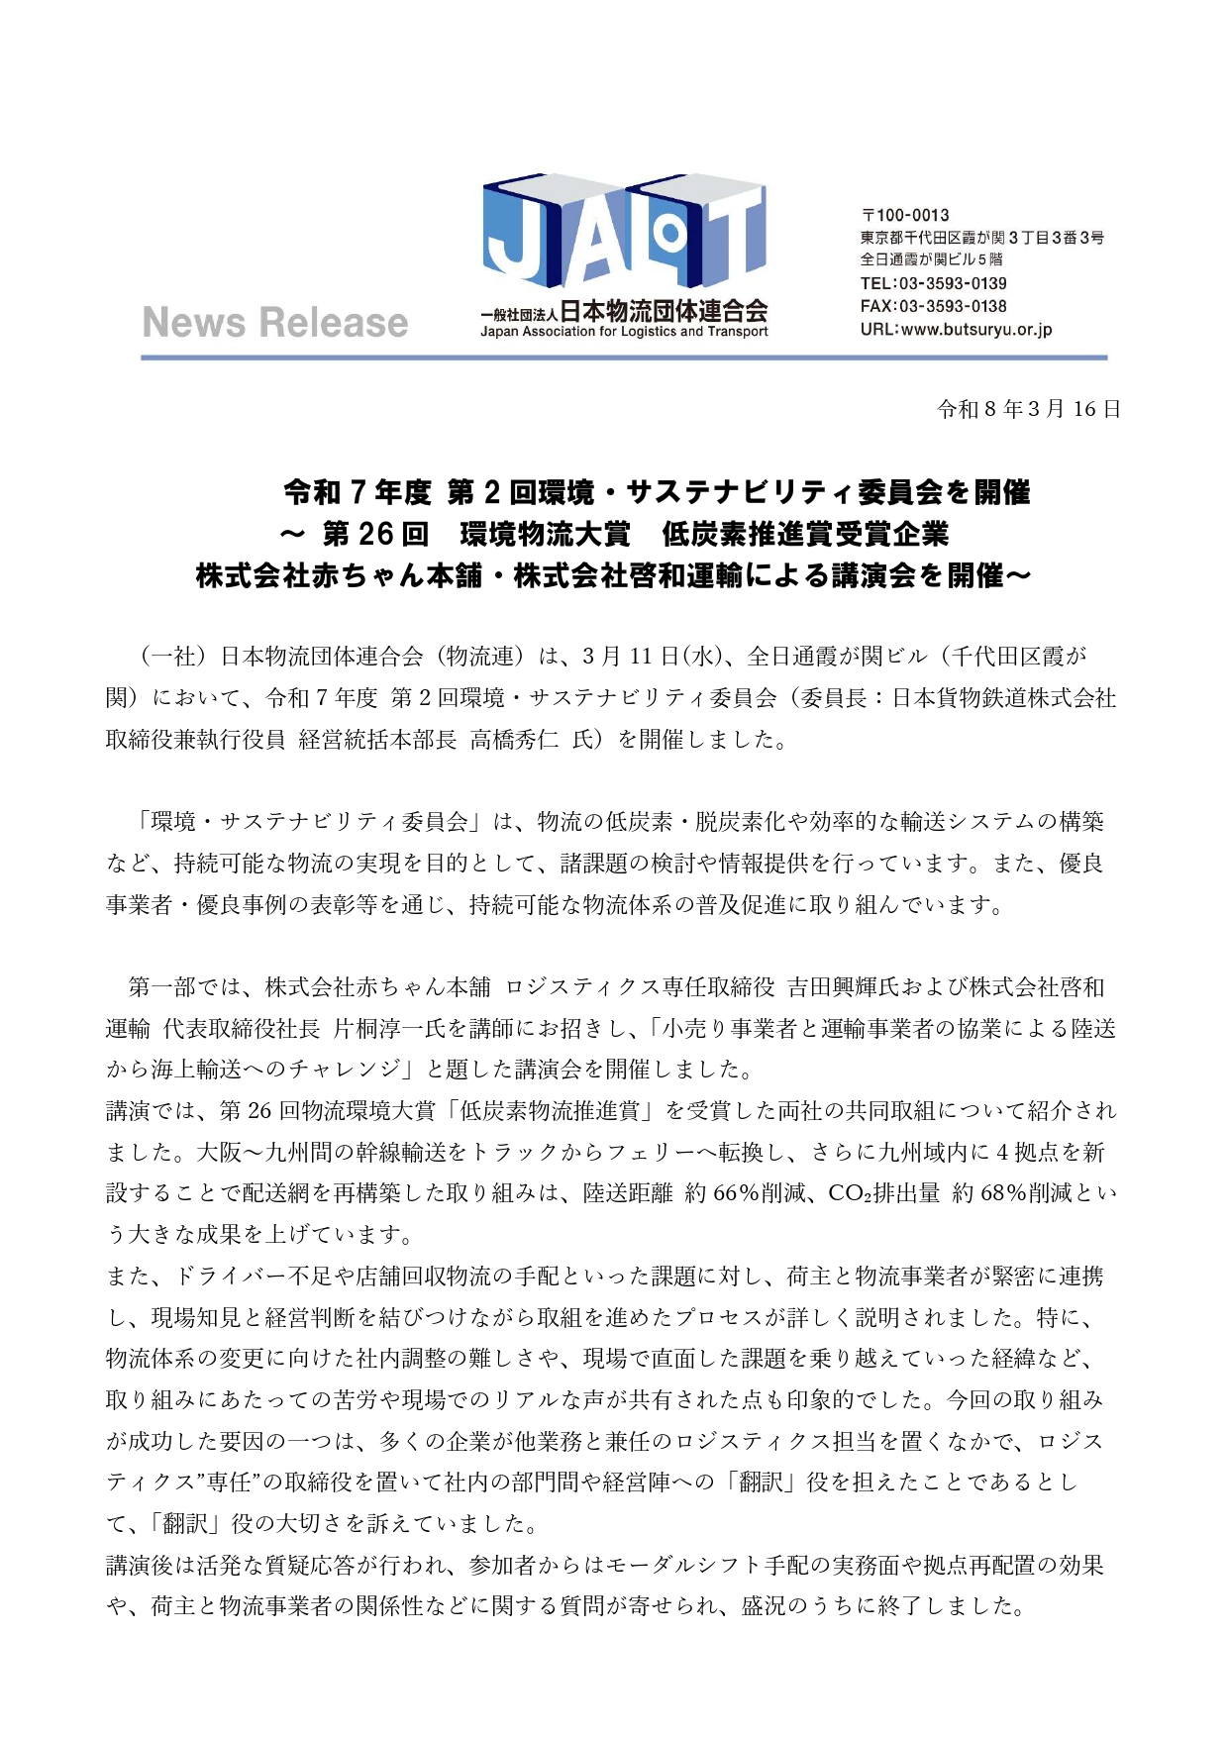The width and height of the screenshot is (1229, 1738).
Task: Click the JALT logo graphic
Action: point(624,238)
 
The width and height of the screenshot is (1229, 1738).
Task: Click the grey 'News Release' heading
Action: point(275,323)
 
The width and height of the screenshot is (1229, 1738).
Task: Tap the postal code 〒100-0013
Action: point(905,215)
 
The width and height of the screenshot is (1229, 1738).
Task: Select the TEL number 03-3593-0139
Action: point(953,283)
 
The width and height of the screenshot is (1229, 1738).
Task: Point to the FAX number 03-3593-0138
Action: point(953,306)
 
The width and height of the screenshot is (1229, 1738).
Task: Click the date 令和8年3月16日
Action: point(1029,409)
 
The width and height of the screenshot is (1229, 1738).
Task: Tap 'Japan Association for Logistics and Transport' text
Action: point(624,332)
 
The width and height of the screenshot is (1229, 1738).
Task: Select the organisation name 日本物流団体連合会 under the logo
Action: point(664,311)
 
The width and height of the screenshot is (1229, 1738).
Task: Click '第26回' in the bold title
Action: point(375,535)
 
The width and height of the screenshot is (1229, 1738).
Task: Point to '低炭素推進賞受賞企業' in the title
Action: point(805,535)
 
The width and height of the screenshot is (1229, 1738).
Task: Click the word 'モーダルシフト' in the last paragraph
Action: point(669,1566)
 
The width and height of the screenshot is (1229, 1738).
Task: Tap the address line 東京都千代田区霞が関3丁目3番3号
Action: point(981,238)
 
